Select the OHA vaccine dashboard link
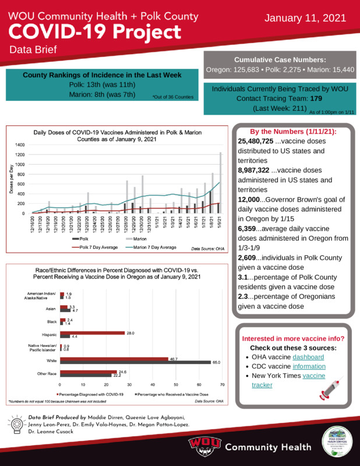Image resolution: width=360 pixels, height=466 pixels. [308, 356]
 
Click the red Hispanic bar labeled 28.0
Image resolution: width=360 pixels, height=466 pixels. [92, 333]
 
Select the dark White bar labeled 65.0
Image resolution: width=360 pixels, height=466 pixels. [135, 363]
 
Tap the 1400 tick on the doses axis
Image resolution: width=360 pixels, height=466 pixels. [20, 144]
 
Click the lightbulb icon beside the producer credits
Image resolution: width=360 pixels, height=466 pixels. [17, 423]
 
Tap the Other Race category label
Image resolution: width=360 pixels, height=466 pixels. [45, 373]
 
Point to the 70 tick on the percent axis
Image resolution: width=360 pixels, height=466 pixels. [223, 385]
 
